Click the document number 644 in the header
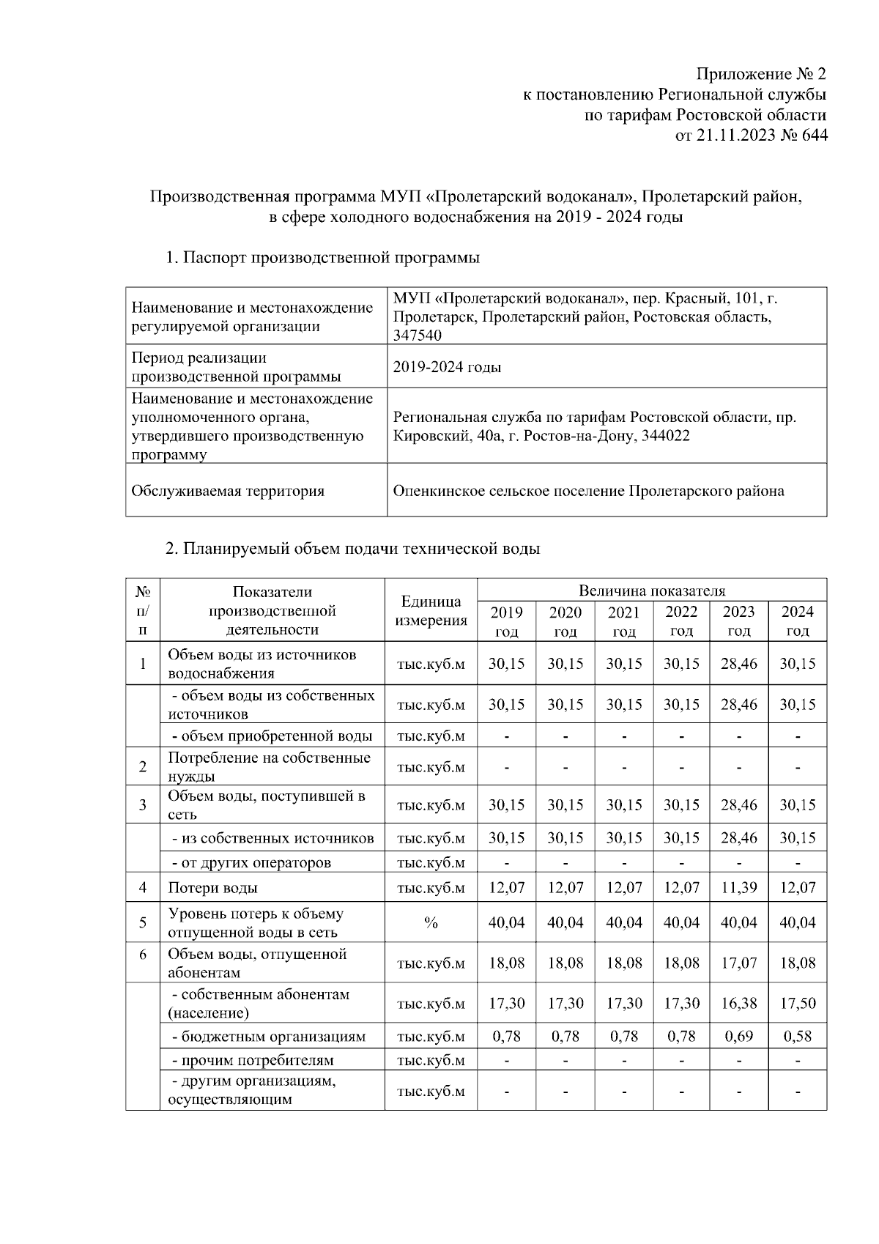click(x=813, y=135)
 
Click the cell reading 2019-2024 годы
click(x=447, y=367)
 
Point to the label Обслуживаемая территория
click(x=227, y=491)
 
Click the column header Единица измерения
click(x=431, y=611)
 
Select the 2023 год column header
click(x=738, y=621)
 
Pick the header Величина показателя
click(x=651, y=590)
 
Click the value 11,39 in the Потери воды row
click(x=738, y=888)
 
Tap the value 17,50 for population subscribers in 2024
click(x=797, y=1004)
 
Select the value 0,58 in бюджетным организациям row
click(x=797, y=1037)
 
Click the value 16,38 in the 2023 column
click(x=738, y=1004)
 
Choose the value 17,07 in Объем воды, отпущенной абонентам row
click(x=738, y=963)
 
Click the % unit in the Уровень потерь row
click(x=431, y=923)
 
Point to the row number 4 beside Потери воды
click(x=143, y=888)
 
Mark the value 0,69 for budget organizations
click(x=738, y=1037)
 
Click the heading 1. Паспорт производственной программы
click(x=322, y=258)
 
